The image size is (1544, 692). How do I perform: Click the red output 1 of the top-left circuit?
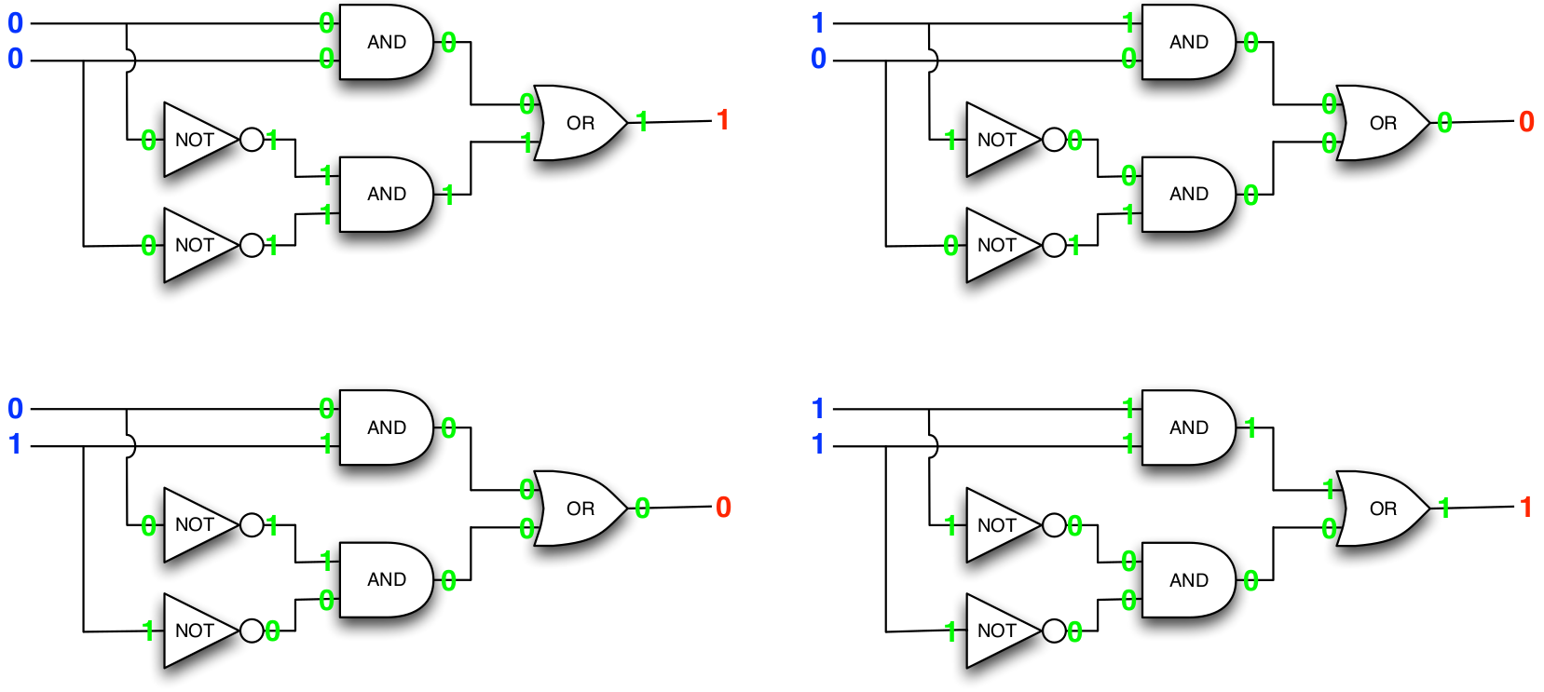point(722,120)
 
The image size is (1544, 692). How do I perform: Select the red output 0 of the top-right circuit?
point(1525,121)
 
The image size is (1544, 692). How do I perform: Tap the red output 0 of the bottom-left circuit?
point(723,508)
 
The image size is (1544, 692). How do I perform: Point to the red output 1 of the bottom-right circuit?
point(1525,507)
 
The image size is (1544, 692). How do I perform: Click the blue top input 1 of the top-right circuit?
point(818,23)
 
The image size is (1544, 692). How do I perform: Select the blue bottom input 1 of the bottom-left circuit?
point(15,444)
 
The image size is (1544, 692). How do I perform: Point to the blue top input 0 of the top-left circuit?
point(15,23)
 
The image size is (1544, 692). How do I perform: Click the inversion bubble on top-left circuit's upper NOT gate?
point(252,140)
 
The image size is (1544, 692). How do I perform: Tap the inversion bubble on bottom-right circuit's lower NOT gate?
point(1054,631)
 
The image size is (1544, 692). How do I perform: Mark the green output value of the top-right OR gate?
point(1444,122)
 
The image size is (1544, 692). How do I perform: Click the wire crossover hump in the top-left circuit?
point(131,61)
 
